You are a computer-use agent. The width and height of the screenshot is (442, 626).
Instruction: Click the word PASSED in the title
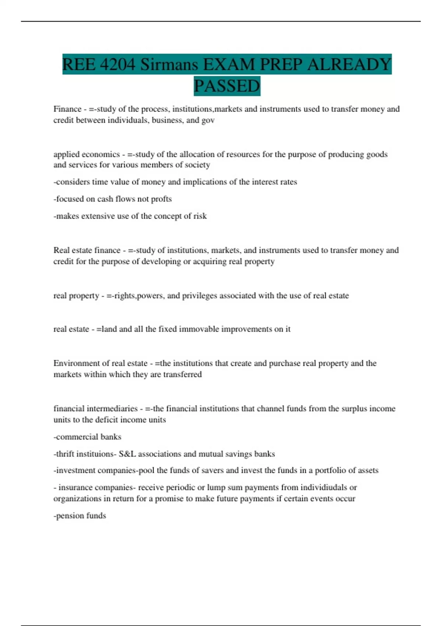coord(227,86)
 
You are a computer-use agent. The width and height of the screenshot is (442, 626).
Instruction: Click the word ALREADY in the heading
coord(349,64)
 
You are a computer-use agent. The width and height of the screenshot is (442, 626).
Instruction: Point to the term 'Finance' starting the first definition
coord(67,109)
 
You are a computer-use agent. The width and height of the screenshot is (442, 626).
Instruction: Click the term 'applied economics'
coord(87,154)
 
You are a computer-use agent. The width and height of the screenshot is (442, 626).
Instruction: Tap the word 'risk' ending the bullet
coord(200,216)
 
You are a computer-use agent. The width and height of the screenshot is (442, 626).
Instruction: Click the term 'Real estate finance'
coord(87,250)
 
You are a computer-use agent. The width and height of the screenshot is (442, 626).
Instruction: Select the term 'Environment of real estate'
coord(101,363)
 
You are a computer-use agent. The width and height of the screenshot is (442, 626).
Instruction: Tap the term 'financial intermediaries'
coord(95,409)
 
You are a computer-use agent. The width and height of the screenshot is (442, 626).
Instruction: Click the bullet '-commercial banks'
coord(87,437)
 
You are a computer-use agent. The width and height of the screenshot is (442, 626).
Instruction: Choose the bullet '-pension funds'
coord(80,516)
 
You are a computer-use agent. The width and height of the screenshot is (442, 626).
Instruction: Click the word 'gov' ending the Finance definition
coord(208,120)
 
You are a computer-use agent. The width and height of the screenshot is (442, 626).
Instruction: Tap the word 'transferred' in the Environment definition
coord(182,374)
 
